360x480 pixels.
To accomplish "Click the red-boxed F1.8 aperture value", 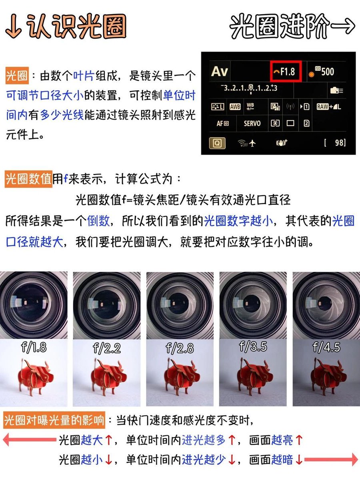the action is (286, 71).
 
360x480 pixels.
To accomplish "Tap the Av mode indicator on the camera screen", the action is (220, 71).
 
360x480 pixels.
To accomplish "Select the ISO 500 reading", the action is (324, 72).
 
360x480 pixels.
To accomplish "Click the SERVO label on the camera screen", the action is (252, 123).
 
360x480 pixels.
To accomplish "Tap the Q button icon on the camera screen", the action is (217, 143).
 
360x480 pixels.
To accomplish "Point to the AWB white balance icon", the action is (235, 107).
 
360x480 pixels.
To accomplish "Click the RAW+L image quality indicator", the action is (329, 107).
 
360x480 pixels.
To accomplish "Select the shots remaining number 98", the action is (339, 143).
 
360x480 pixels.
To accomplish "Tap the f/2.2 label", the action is (107, 348).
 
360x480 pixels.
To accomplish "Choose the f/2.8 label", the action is (180, 348).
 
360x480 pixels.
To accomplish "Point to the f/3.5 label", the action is (253, 346).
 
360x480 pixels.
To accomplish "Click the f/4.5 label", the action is (326, 347).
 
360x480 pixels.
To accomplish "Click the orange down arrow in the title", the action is (14, 26).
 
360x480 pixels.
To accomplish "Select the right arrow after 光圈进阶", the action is (342, 26).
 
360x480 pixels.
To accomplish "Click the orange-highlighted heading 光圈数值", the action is (28, 179).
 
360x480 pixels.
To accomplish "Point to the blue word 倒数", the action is (98, 221).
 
